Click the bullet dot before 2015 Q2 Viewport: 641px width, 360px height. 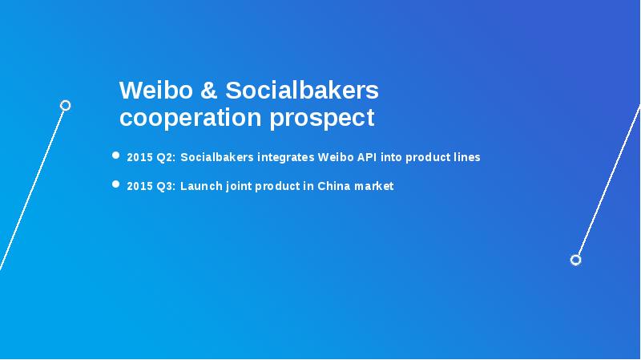tap(116, 156)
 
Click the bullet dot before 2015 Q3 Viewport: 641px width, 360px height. tap(116, 184)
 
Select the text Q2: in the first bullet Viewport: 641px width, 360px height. tap(165, 157)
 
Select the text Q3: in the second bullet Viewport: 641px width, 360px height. tap(165, 186)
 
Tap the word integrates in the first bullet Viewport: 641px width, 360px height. tap(285, 157)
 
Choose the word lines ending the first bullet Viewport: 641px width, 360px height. tap(466, 157)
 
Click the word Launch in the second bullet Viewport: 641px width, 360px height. tap(199, 186)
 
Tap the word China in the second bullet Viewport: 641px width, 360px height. tap(335, 186)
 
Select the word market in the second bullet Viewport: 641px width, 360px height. tap(375, 186)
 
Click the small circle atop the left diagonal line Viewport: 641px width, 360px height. tap(66, 105)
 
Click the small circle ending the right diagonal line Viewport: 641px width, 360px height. tap(575, 260)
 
